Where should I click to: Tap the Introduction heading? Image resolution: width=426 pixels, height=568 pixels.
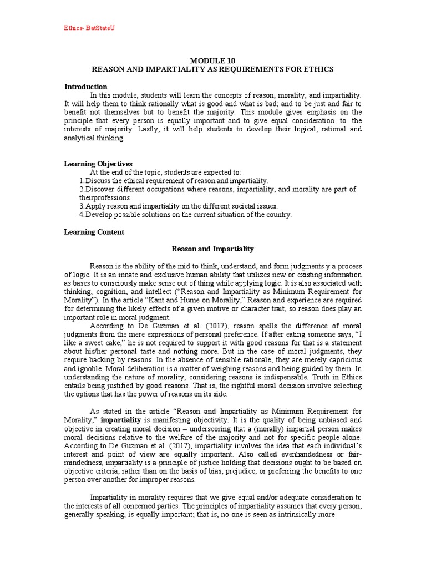tap(86, 87)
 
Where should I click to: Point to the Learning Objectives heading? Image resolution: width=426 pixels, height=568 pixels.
tap(99, 164)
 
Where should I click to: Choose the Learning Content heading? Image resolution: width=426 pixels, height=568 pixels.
tap(94, 232)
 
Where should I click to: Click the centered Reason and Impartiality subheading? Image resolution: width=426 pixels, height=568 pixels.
tap(212, 249)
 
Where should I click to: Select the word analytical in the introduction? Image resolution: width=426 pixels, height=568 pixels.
tap(81, 139)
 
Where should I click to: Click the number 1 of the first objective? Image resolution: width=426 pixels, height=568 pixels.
tap(81, 181)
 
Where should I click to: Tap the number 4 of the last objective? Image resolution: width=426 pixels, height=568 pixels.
tap(81, 215)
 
